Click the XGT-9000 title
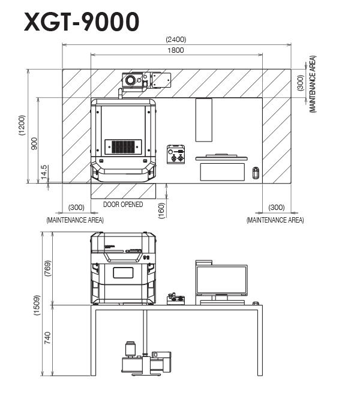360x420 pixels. (x=82, y=22)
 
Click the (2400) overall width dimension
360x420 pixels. (x=176, y=40)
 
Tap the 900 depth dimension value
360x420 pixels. (x=34, y=142)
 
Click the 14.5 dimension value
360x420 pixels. (x=44, y=172)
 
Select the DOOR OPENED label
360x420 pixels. (x=123, y=205)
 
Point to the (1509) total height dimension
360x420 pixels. (x=36, y=305)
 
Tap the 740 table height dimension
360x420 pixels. (x=48, y=338)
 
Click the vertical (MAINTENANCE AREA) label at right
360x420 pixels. (x=312, y=84)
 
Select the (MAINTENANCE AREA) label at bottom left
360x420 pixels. (x=75, y=220)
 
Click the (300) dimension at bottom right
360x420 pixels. (x=276, y=207)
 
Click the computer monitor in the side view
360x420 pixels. (x=221, y=280)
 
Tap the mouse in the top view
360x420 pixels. (x=256, y=173)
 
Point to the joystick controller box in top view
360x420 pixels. (x=176, y=154)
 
